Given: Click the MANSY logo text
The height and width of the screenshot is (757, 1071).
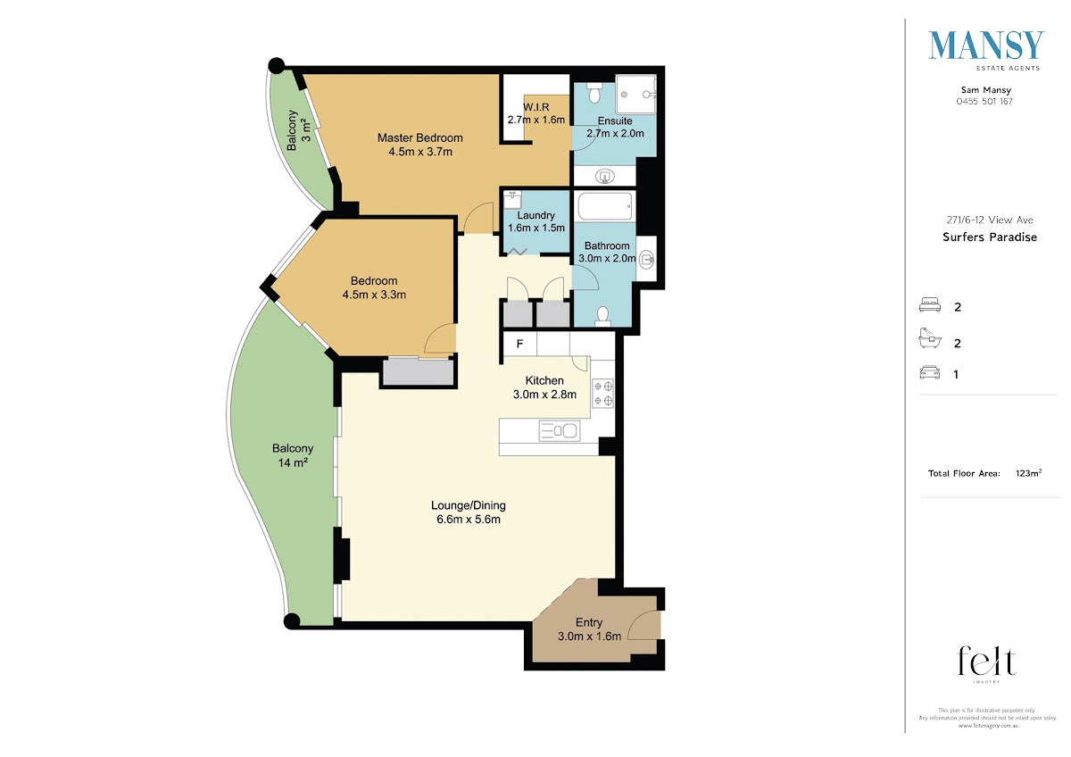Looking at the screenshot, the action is [x=986, y=46].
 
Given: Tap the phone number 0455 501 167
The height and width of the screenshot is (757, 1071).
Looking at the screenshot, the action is [x=984, y=102].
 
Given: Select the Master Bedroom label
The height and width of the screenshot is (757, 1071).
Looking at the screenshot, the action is [x=420, y=137].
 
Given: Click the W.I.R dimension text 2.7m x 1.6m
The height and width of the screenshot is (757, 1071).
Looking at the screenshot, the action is [x=536, y=120].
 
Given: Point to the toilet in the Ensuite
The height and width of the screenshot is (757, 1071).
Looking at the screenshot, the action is [x=594, y=92].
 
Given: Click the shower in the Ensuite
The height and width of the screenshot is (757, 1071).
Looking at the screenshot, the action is [x=635, y=95].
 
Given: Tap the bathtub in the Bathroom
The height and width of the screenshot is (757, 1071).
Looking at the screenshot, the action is [x=605, y=206].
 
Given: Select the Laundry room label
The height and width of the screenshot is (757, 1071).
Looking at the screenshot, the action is [x=536, y=215].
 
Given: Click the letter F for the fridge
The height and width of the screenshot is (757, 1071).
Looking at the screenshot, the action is [x=519, y=344].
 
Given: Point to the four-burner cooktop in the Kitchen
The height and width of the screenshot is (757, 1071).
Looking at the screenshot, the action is [x=603, y=394].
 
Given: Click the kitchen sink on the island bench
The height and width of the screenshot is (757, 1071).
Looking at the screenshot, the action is [x=560, y=430].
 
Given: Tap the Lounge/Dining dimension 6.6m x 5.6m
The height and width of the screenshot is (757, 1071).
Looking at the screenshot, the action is [x=469, y=520].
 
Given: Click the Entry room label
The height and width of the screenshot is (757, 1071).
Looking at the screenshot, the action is [x=589, y=622].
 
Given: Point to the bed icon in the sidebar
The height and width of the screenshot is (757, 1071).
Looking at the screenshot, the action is [x=930, y=305].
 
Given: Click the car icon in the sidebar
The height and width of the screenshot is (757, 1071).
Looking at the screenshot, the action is [x=929, y=372].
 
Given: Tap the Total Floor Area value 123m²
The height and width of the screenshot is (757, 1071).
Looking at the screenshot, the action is [x=1028, y=473].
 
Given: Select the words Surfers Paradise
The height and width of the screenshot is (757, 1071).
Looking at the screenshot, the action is [x=990, y=237].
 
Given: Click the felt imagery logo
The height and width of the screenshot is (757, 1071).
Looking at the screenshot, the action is [x=986, y=664].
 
